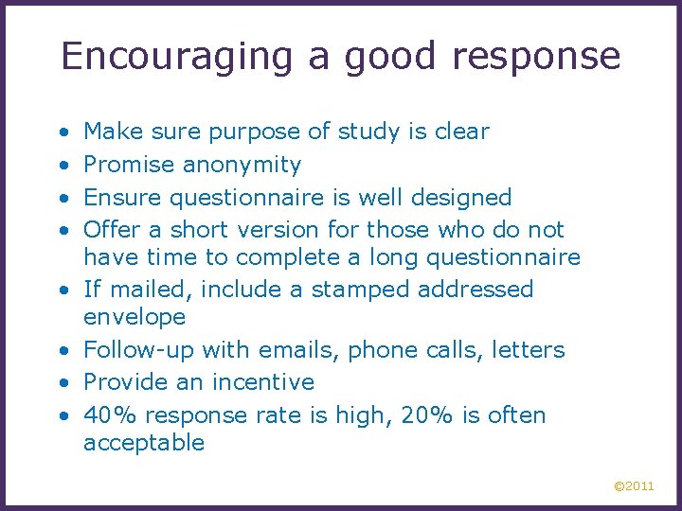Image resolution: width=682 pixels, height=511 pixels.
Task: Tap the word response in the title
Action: click(535, 57)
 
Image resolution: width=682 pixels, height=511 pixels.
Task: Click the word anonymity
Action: click(242, 166)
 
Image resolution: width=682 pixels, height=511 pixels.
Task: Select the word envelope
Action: click(135, 317)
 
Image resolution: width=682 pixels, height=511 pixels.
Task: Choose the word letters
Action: click(528, 350)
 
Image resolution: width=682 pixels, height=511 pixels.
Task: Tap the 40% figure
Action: click(106, 415)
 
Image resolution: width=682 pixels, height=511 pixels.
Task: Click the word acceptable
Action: click(144, 443)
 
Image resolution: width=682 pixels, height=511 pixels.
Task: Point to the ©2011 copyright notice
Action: click(634, 486)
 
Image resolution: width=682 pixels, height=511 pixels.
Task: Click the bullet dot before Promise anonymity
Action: click(62, 166)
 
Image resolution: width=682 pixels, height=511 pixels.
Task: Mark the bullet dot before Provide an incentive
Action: click(62, 382)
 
